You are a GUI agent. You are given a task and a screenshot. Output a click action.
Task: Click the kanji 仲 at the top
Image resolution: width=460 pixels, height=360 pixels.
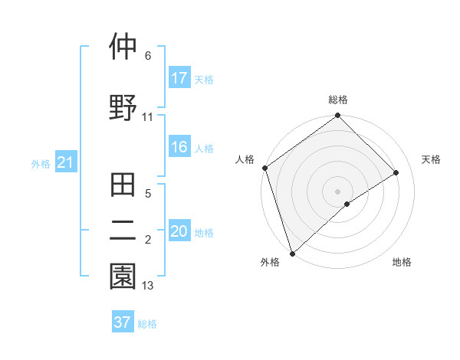[x=123, y=47]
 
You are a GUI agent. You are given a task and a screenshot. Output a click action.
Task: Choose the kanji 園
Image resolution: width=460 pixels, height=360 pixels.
[x=123, y=277]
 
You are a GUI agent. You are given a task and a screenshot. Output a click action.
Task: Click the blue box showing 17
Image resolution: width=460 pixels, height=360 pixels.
[x=179, y=78]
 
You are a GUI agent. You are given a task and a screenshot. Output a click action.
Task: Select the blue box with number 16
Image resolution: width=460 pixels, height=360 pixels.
[x=179, y=148]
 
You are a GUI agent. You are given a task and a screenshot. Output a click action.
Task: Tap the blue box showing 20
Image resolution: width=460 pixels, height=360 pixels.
[x=179, y=232]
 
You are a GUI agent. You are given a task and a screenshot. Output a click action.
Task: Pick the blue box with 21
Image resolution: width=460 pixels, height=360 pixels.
[x=65, y=162]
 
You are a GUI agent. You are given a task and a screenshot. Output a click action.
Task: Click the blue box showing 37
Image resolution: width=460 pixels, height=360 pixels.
[x=123, y=322]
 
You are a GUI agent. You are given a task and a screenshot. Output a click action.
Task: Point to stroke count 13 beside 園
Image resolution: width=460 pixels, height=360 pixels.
[x=148, y=286]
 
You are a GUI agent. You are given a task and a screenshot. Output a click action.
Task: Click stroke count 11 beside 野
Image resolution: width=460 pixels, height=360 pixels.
[x=148, y=117]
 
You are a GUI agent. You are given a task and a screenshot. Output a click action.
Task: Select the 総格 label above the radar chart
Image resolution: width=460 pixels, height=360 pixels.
[x=338, y=100]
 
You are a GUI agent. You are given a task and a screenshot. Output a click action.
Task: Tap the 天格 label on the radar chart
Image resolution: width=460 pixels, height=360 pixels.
[x=432, y=159]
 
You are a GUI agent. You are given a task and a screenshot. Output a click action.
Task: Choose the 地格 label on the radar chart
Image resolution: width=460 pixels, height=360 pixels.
[x=402, y=263]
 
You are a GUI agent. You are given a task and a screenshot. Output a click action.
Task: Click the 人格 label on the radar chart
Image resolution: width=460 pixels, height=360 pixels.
[x=245, y=159]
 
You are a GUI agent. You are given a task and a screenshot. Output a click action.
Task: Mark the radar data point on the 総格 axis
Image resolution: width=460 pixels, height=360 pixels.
[x=337, y=116]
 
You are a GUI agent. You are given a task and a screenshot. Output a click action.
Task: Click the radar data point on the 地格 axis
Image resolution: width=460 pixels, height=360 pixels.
[x=347, y=204]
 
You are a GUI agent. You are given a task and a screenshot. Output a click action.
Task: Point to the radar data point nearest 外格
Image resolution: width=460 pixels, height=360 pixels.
[x=291, y=253]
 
